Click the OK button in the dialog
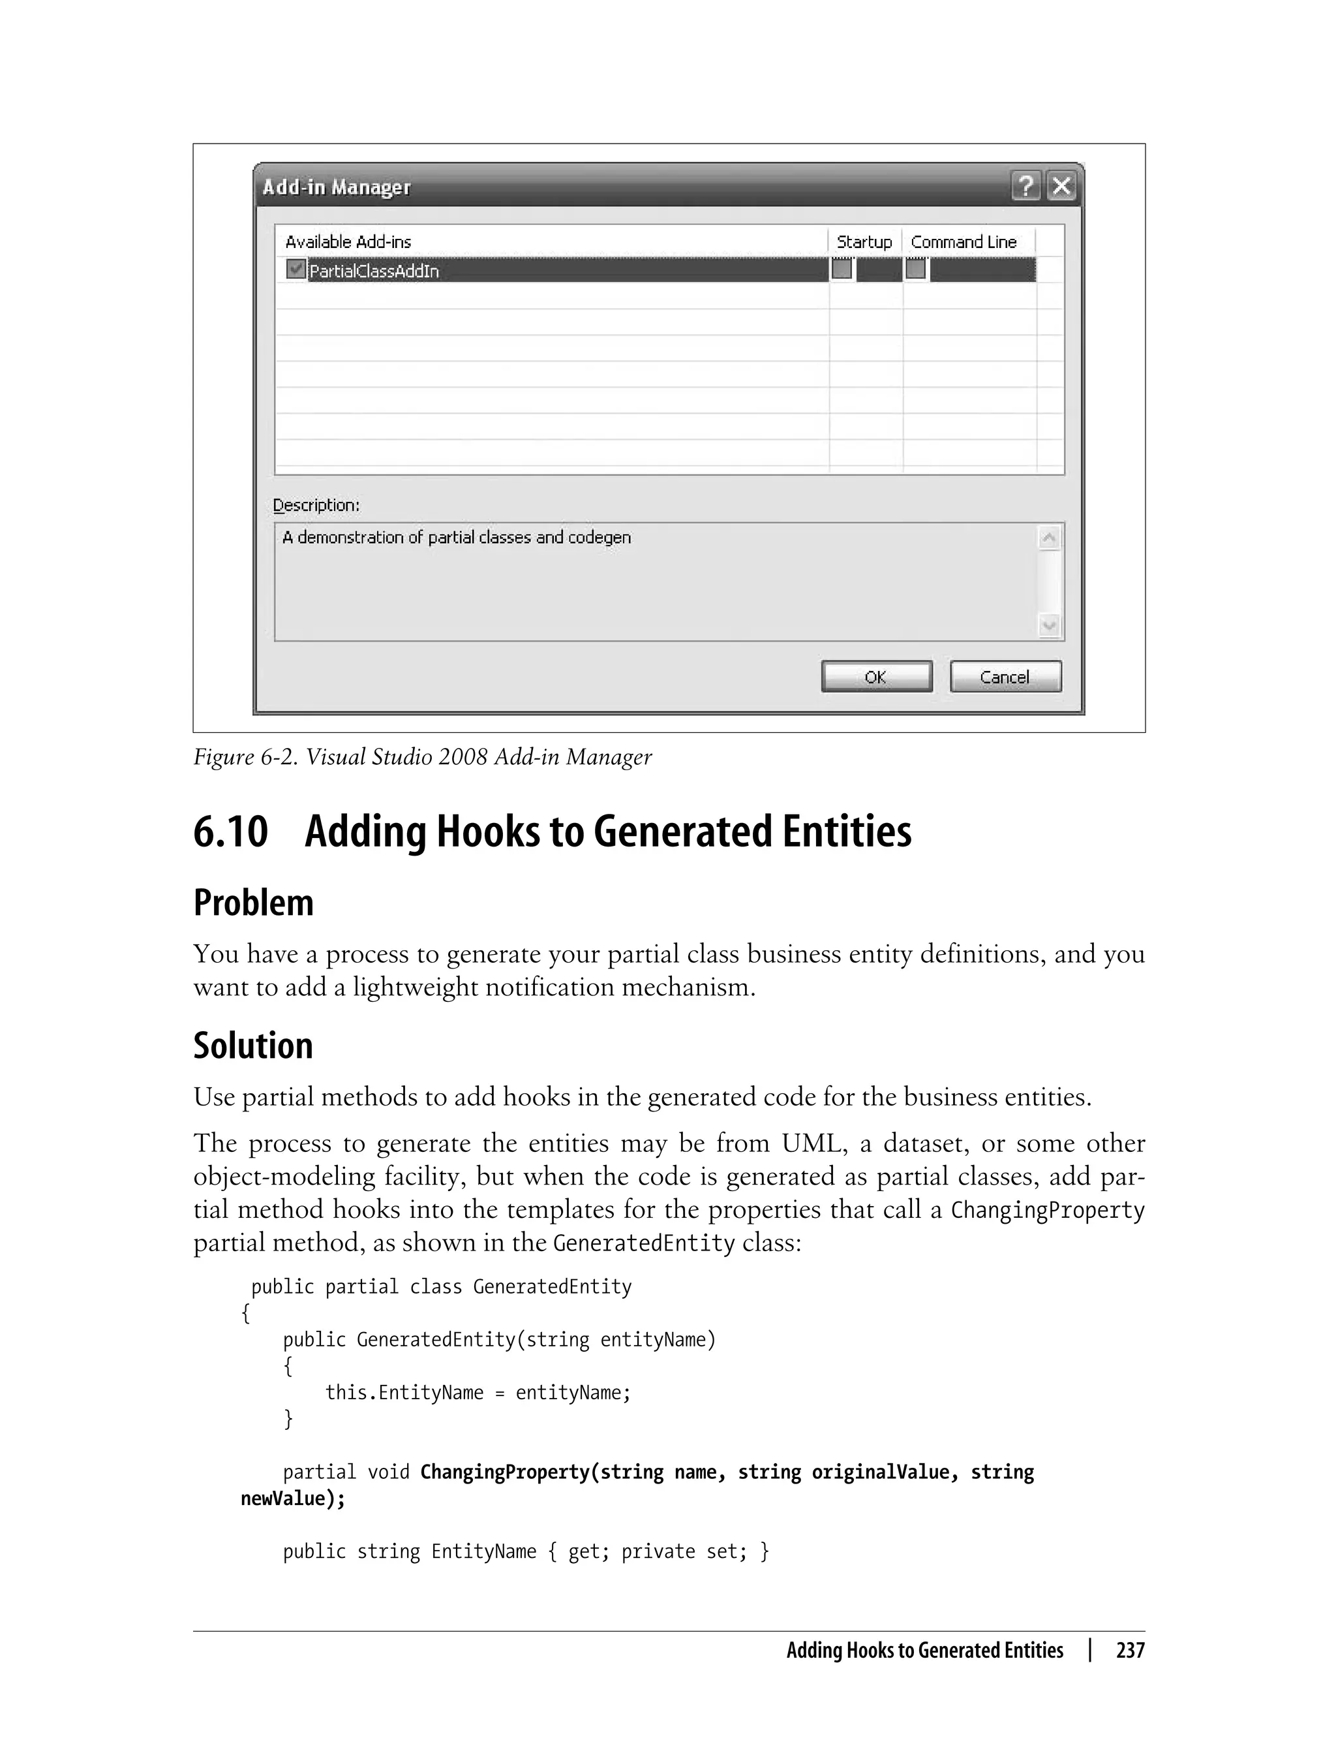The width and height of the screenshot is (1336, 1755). pos(876,677)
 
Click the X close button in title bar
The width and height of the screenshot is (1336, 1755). pos(1061,186)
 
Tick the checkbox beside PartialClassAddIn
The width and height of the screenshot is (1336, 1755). pos(295,269)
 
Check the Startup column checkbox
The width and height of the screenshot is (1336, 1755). pos(842,270)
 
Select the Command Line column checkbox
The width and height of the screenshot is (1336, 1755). pos(915,270)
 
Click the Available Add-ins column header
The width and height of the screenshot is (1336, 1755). pos(348,242)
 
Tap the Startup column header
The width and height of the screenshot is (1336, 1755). pos(864,242)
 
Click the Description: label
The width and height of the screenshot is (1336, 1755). pos(316,505)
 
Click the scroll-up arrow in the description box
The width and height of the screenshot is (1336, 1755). pos(1049,538)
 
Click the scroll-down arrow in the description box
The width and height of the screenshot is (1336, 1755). pos(1049,625)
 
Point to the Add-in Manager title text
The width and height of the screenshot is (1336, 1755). pos(337,188)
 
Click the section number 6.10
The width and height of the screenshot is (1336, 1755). pos(231,832)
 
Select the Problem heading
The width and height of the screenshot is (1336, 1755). pos(253,903)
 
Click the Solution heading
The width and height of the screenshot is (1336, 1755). pos(253,1046)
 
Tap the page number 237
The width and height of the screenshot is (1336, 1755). pos(1129,1651)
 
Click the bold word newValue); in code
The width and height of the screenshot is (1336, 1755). pos(293,1499)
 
